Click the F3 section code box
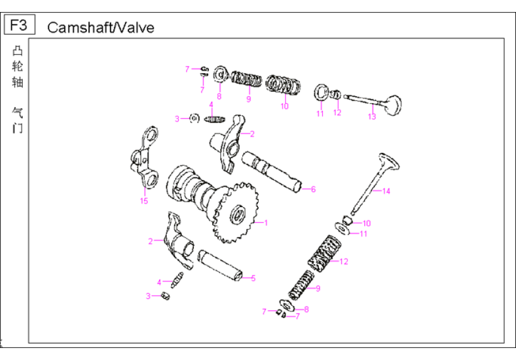(19, 25)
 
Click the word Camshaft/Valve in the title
(101, 28)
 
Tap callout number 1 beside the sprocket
(266, 223)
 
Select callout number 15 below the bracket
(144, 201)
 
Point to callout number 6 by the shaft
(313, 189)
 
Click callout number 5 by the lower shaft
(253, 278)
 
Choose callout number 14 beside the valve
(386, 191)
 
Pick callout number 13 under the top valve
(372, 116)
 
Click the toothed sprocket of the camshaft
(236, 214)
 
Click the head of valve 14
(389, 161)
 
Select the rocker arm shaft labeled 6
(271, 172)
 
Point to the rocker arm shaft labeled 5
(220, 266)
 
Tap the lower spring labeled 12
(324, 254)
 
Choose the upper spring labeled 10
(283, 85)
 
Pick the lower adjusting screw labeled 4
(177, 280)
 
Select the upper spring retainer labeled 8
(220, 74)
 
